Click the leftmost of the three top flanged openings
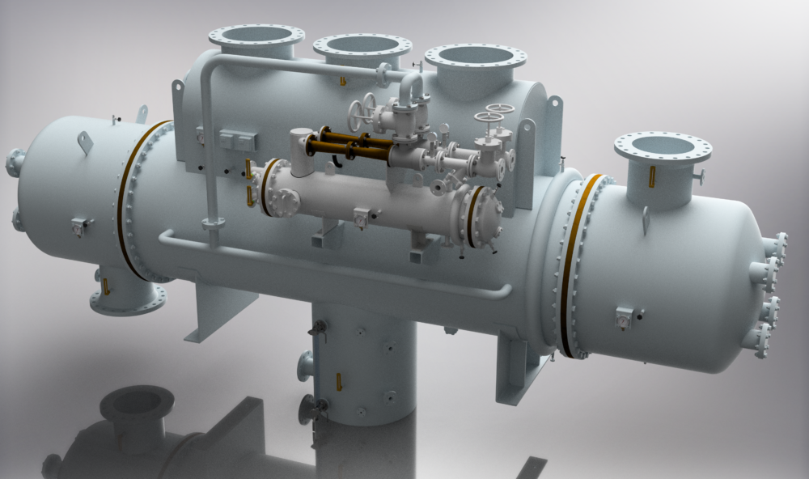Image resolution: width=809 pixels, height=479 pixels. pos(256,37)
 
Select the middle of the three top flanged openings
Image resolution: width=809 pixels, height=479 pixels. pos(362,47)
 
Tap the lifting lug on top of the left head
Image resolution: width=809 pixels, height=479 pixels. pos(84,142)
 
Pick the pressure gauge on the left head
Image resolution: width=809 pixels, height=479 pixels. pos(78,227)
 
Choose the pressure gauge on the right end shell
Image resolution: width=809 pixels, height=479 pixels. pos(624,318)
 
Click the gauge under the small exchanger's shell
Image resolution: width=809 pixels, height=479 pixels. pos(360,217)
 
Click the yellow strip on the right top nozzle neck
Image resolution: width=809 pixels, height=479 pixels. pos(652,176)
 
